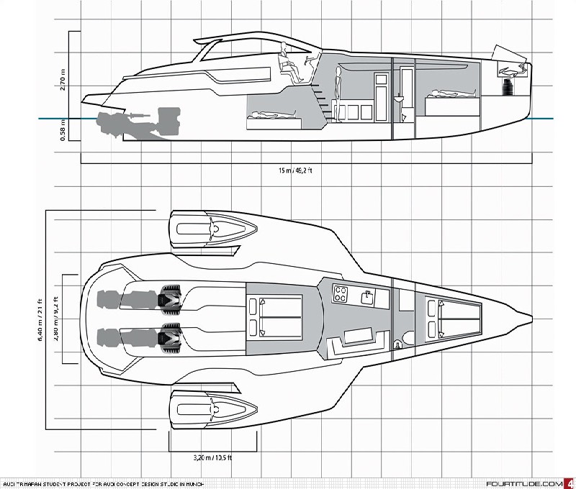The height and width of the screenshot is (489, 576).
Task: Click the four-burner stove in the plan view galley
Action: [341, 294]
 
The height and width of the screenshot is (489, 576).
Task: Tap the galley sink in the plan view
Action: [368, 294]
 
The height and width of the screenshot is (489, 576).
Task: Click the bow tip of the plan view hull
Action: [531, 316]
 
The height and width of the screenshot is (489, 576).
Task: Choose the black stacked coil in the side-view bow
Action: [508, 88]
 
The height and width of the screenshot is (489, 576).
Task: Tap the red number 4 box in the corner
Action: [570, 483]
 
